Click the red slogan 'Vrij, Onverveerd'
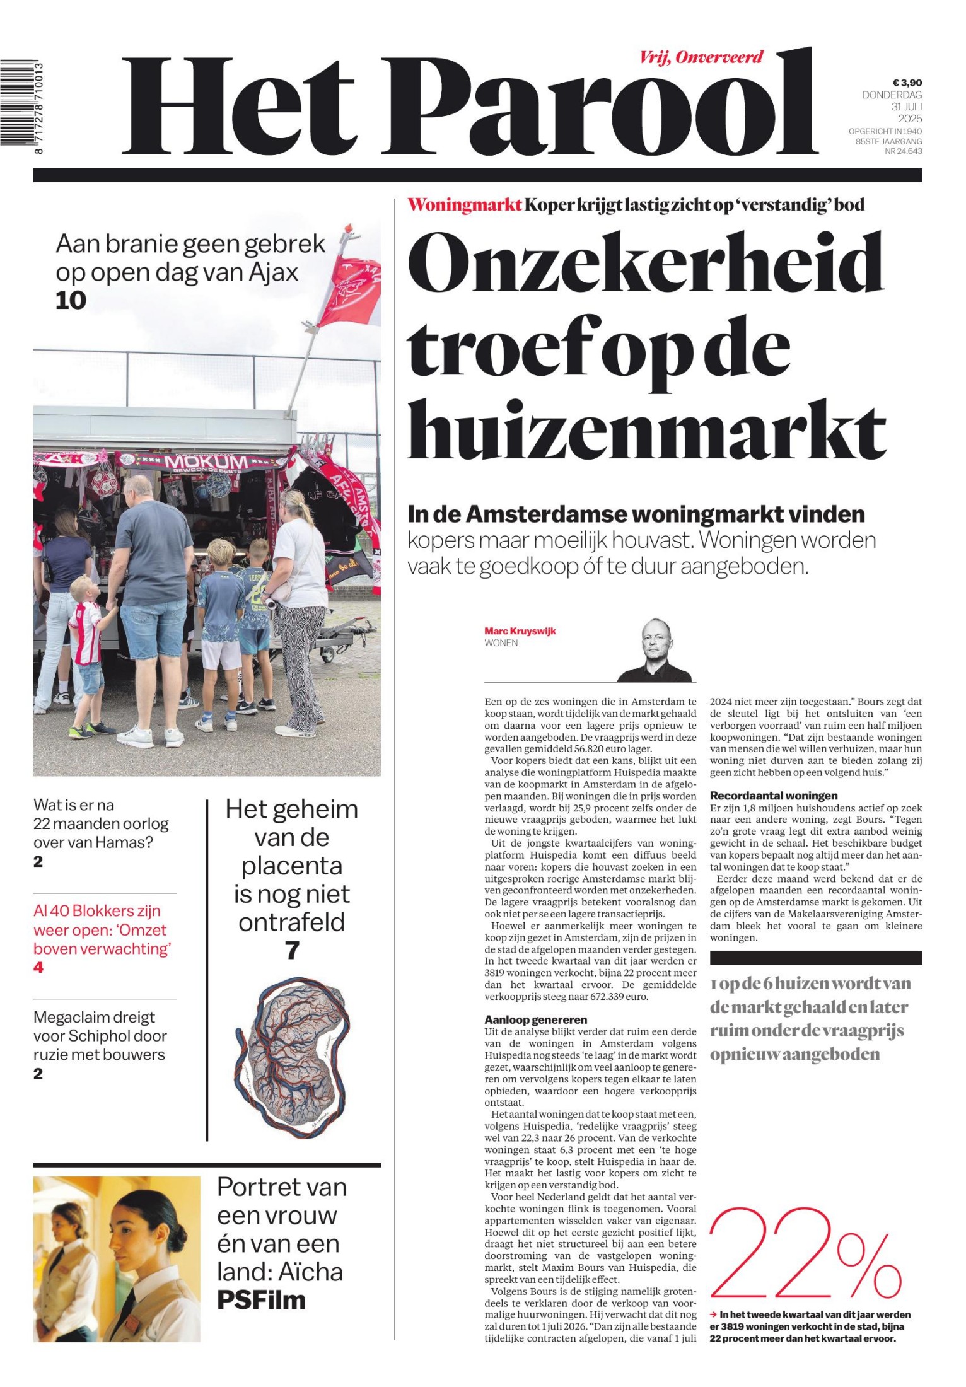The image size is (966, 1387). tap(701, 58)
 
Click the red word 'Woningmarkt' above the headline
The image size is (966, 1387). tap(465, 205)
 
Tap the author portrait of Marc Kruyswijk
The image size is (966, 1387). tap(655, 651)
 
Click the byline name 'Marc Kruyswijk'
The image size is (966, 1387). tap(520, 631)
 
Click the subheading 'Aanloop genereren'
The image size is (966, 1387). tap(535, 1019)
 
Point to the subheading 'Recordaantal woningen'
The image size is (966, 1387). tap(773, 796)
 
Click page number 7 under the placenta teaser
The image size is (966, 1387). tap(292, 951)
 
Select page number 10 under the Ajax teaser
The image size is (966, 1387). tap(71, 301)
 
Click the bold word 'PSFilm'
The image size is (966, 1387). tap(261, 1300)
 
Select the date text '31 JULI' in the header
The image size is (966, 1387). tap(906, 107)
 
